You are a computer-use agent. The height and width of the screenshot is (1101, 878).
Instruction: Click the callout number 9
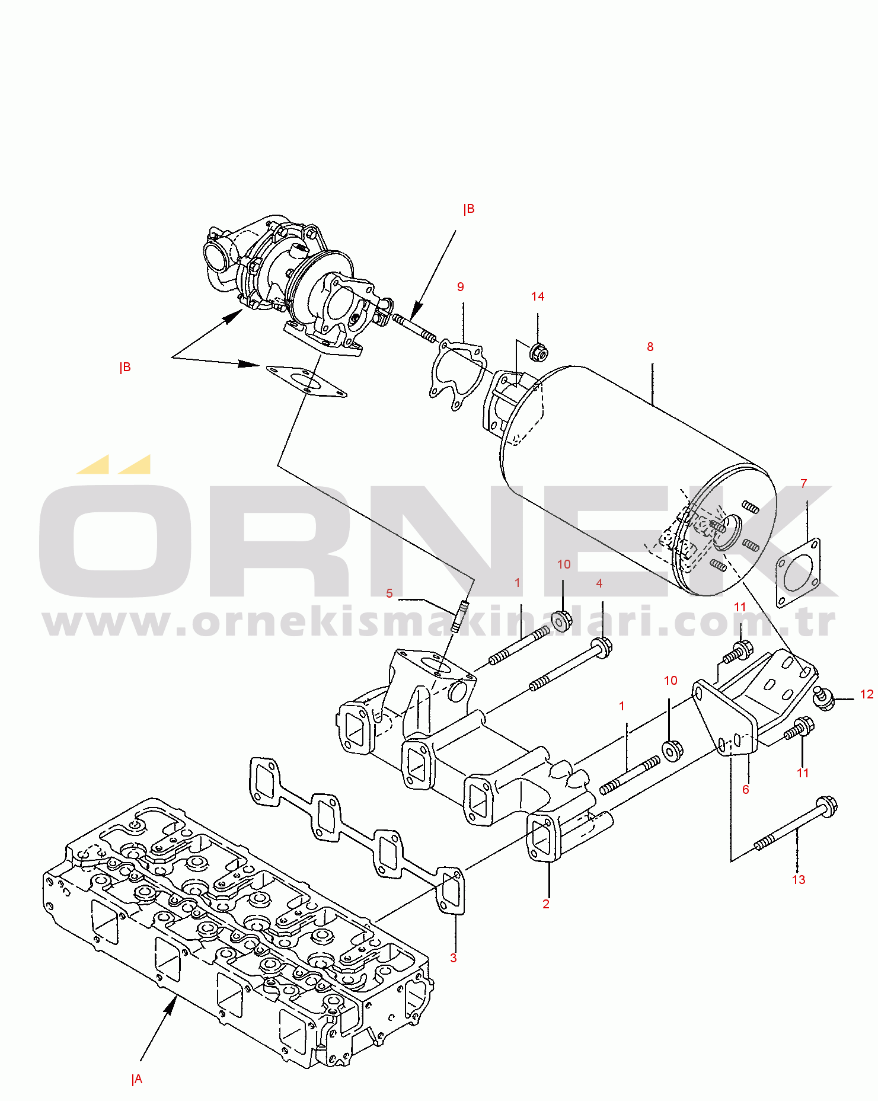[x=461, y=287]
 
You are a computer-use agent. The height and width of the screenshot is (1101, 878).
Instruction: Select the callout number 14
[x=538, y=296]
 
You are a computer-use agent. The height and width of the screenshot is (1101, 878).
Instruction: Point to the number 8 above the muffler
[x=650, y=347]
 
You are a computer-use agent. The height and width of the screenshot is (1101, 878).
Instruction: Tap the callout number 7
[x=804, y=484]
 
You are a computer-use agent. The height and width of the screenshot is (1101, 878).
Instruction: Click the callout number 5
[x=389, y=593]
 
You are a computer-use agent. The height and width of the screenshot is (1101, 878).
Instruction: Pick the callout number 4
[x=599, y=584]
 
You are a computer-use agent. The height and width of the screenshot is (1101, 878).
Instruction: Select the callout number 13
[x=799, y=880]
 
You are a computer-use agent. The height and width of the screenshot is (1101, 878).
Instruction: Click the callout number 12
[x=867, y=694]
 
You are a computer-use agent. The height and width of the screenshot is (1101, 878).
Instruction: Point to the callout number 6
[x=746, y=790]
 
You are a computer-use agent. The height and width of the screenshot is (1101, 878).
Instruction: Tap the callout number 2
[x=546, y=904]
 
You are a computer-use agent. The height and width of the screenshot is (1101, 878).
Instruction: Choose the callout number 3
[x=454, y=958]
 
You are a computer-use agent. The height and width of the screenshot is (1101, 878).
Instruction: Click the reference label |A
[x=137, y=1080]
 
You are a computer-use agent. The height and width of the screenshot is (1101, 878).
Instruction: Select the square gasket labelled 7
[x=798, y=573]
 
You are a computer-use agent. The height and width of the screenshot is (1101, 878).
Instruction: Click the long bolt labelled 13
[x=794, y=825]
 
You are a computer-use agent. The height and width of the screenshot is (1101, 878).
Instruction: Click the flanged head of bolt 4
[x=602, y=646]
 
